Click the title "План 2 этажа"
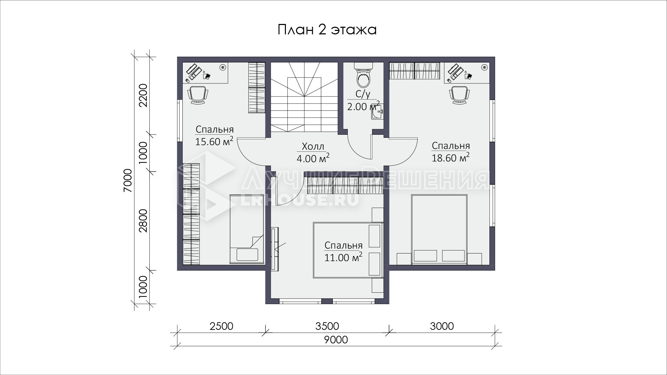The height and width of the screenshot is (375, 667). [x=327, y=30]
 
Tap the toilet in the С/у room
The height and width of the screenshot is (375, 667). [x=364, y=75]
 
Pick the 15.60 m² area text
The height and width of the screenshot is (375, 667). [x=214, y=142]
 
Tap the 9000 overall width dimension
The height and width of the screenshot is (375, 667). [x=336, y=340]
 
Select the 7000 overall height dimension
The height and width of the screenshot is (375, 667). [x=128, y=181]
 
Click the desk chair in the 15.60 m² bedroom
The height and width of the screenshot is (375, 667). [x=198, y=95]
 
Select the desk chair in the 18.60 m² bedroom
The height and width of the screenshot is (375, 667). [x=460, y=95]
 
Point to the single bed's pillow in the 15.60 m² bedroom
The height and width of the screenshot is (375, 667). [x=247, y=255]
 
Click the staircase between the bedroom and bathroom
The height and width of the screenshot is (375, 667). [x=304, y=97]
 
